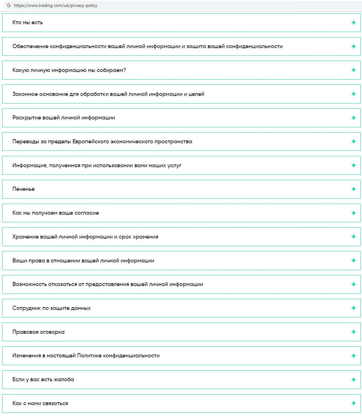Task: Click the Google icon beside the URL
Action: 9,5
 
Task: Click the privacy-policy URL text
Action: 56,5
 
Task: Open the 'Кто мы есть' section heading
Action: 28,22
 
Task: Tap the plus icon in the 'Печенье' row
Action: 354,189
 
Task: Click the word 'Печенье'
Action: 24,189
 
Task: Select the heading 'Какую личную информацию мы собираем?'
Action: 69,70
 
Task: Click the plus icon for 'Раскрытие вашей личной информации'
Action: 354,118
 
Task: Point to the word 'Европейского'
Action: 90,141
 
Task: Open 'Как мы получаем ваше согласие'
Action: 56,213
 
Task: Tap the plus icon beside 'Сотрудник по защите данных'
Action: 354,308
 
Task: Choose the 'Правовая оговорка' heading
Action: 38,332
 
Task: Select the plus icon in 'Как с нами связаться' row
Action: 354,403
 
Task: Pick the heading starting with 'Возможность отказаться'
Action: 108,284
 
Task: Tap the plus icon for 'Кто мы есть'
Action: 354,22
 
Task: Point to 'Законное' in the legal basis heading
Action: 25,94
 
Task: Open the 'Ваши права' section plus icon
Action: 354,261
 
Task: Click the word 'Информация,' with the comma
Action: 30,165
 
